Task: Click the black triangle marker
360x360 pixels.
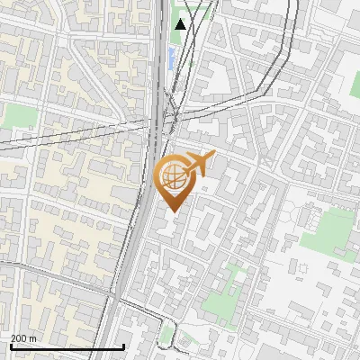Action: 181,23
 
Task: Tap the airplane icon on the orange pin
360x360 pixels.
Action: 199,163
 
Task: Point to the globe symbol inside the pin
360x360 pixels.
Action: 172,176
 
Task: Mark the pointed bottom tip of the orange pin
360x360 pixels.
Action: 173,211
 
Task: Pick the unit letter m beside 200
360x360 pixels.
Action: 33,338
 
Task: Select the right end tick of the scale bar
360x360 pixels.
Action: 123,346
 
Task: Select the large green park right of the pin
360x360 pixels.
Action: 326,230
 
